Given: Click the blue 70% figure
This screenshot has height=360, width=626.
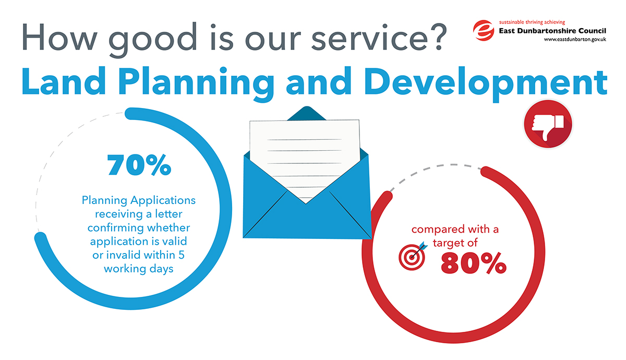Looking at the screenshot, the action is coord(139,165).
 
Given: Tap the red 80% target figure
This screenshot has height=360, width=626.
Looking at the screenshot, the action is coord(474,263).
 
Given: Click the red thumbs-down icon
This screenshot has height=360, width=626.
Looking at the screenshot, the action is coord(548,124).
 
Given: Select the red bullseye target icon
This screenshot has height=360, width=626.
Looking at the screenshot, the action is coord(413,256).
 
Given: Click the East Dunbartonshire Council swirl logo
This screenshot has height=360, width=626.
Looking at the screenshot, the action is coord(484,30).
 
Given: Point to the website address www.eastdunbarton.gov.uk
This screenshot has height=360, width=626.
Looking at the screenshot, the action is coord(575,40).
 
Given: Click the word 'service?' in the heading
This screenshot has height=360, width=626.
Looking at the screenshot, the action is coord(379,37).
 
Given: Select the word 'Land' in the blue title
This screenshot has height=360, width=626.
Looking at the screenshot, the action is coord(64,81).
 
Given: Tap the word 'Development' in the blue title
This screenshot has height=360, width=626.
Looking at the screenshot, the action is coord(486,84).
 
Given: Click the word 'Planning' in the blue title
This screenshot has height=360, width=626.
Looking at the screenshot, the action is coord(196,84).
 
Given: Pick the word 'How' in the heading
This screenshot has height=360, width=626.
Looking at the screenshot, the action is coord(59,37).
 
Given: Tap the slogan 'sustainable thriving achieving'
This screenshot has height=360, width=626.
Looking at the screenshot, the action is coord(532,22).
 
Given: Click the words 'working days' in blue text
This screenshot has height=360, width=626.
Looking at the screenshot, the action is coord(139,269).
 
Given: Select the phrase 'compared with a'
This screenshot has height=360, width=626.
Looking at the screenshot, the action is coord(455,230).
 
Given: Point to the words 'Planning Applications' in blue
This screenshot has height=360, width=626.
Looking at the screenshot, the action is coord(139,201).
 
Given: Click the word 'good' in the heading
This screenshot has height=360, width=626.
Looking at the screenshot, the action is coord(153,39).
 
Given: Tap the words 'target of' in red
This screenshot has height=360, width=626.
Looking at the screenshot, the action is coord(455,243).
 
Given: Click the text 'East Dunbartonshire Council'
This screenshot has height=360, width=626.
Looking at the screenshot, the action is coord(552,31).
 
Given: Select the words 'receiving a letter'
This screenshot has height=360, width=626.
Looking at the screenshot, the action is coord(139,214).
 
